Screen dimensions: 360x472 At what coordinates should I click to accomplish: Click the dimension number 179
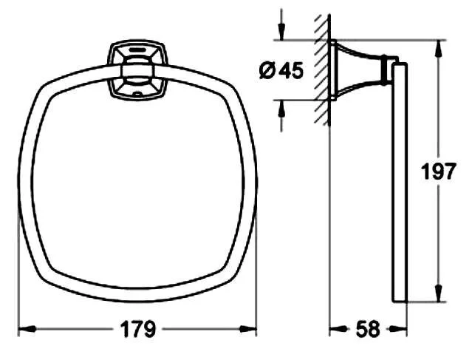[x=138, y=329]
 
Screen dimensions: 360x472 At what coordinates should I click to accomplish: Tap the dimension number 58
[x=366, y=329]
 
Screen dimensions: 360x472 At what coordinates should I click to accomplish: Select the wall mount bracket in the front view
[x=135, y=70]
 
